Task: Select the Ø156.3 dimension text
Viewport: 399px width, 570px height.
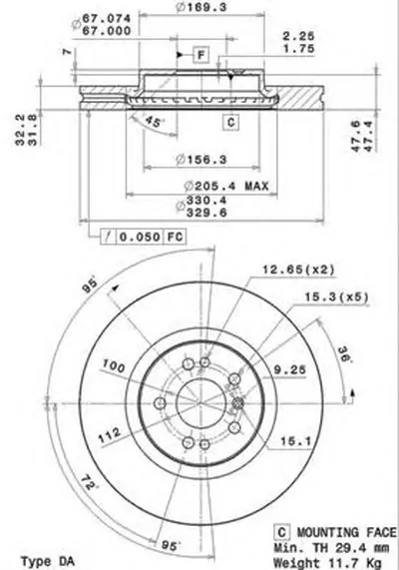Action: pos(192,156)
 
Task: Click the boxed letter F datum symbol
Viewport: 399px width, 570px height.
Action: pos(199,54)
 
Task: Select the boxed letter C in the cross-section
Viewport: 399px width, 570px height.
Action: pos(229,122)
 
